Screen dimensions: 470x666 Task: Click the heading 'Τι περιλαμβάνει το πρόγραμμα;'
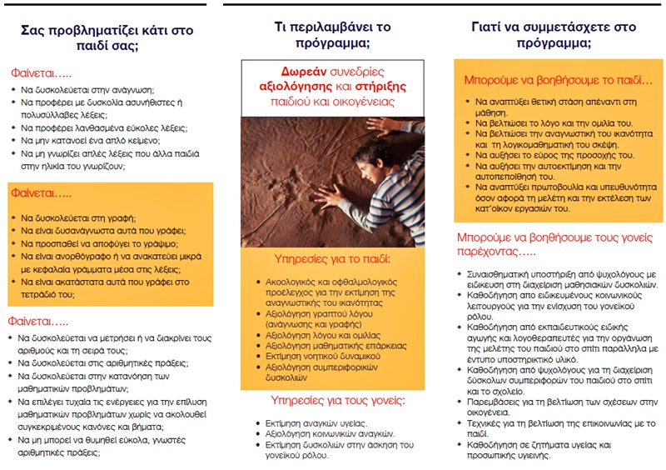[333, 35]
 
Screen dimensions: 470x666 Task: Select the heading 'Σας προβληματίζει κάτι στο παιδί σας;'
[112, 37]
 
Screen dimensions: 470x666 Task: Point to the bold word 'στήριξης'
[385, 86]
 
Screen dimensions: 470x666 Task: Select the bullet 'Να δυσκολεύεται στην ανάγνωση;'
[88, 89]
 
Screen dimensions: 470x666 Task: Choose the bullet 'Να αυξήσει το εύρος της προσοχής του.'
[549, 155]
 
